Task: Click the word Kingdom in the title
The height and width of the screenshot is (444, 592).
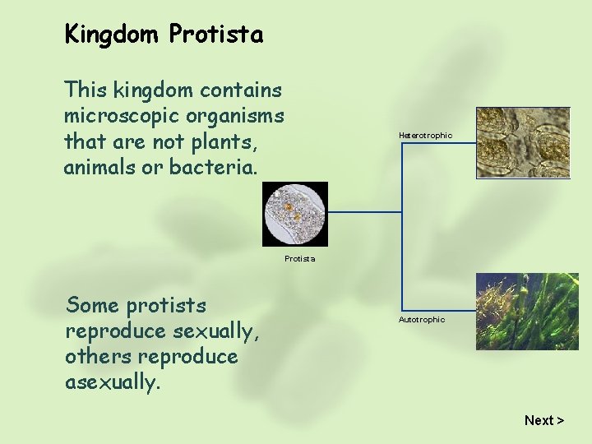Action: point(113,35)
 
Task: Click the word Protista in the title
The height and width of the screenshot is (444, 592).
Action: point(215,35)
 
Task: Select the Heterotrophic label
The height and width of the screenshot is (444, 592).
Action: point(425,135)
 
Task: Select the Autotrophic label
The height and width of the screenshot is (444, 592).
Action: point(422,319)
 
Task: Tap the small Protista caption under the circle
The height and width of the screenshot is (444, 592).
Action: point(299,258)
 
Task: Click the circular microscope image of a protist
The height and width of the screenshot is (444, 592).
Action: point(295,214)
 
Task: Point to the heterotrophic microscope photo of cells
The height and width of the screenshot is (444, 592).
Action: point(523,142)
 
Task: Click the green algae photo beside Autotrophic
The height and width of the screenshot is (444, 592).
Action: point(527,312)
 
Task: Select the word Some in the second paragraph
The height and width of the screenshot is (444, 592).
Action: point(93,305)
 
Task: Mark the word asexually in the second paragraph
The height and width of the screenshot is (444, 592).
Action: point(110,383)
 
